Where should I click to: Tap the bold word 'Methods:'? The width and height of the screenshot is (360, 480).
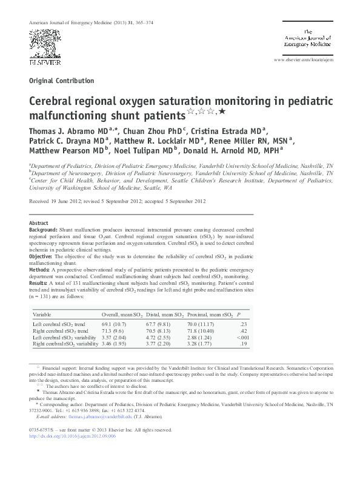40,270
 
